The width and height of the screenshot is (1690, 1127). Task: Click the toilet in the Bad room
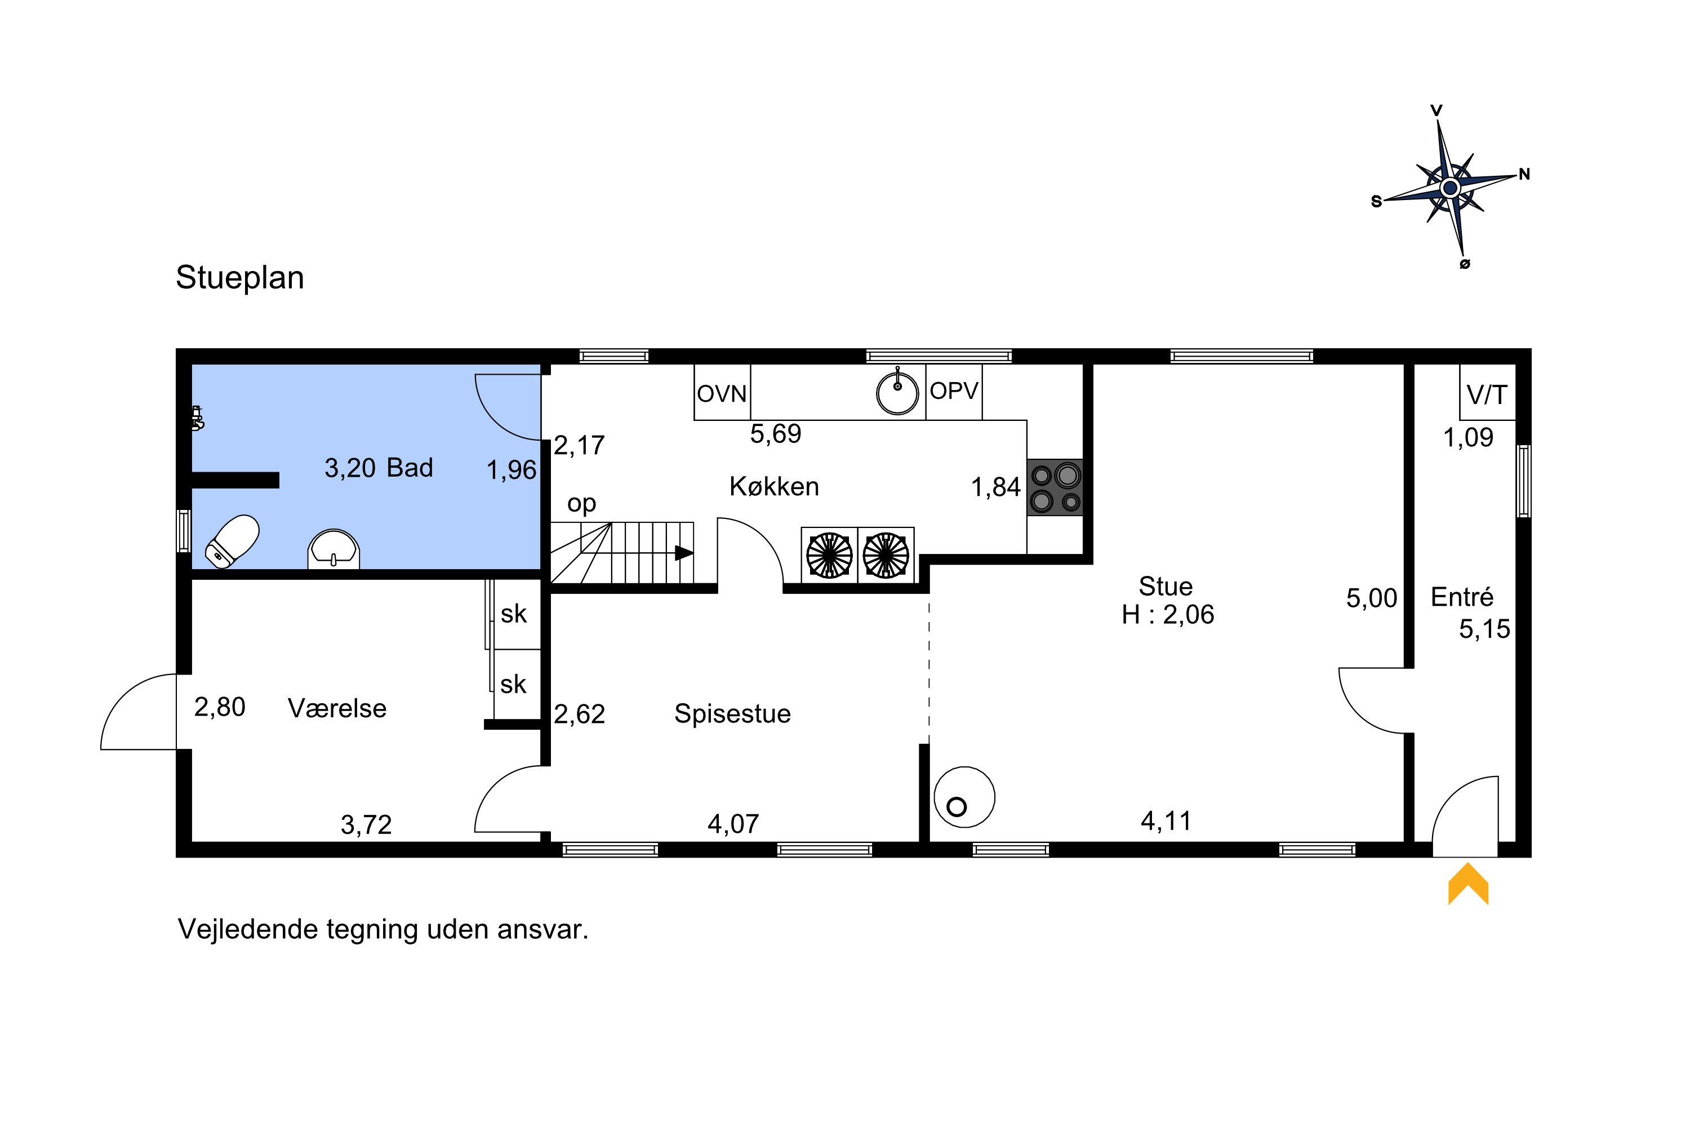(x=232, y=541)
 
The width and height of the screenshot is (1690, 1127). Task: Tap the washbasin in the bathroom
(x=333, y=550)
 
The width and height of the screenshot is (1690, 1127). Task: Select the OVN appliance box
(x=722, y=392)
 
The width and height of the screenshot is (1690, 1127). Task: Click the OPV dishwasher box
(x=954, y=392)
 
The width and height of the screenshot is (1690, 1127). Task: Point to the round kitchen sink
(x=897, y=392)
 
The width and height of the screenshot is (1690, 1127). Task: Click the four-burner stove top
(x=1055, y=487)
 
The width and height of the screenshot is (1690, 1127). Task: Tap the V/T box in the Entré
(x=1487, y=392)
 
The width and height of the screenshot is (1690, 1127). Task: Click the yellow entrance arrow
(x=1468, y=885)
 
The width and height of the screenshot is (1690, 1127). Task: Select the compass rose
(x=1450, y=188)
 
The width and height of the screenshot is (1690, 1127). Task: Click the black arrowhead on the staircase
(x=684, y=553)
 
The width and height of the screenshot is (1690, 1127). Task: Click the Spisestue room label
(x=732, y=714)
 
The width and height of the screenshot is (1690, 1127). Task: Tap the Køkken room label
(x=774, y=487)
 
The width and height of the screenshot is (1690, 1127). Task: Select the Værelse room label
(x=337, y=709)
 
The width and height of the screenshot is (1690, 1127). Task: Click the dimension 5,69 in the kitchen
(x=775, y=434)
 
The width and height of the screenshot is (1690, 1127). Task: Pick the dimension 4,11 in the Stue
(x=1166, y=821)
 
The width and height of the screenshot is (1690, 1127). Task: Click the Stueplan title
(x=240, y=277)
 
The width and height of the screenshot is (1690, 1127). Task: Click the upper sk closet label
(x=514, y=614)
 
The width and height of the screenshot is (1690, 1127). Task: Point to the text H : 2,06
(x=1168, y=615)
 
